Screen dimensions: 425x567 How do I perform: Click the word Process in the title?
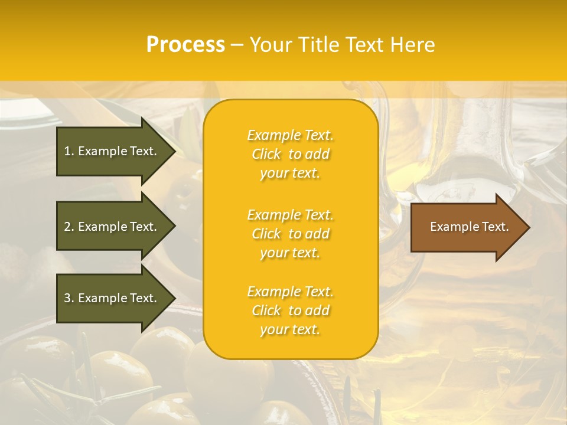tap(185, 45)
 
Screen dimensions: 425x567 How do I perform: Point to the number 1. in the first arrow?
tap(69, 151)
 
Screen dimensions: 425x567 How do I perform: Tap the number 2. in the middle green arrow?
tap(69, 227)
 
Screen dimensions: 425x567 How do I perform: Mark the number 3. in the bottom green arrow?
tap(69, 298)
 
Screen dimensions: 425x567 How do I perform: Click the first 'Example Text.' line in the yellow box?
tap(290, 135)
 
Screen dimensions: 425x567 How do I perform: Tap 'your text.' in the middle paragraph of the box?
tap(290, 253)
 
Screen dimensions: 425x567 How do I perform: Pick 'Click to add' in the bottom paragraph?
tap(290, 310)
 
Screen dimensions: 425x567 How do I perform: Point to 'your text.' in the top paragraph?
tap(290, 173)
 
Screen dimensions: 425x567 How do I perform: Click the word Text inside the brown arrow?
tap(495, 227)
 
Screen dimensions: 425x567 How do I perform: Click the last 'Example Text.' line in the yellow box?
tap(290, 292)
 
